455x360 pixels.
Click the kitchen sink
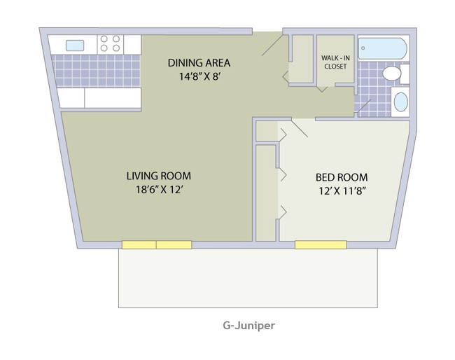click(75, 46)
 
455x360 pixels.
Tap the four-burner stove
click(109, 44)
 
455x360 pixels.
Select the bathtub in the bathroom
click(381, 48)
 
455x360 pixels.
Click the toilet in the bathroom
click(393, 74)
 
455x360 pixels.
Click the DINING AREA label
click(199, 63)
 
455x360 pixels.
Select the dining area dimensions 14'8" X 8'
click(199, 76)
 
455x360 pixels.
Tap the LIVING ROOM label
click(158, 176)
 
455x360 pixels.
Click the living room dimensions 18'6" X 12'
click(158, 190)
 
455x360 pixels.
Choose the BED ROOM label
click(342, 177)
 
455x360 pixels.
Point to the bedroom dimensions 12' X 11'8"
click(342, 191)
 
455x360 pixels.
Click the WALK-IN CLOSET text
click(335, 62)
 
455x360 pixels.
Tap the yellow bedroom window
click(320, 245)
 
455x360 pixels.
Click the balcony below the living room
click(248, 278)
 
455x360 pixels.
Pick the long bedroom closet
click(266, 193)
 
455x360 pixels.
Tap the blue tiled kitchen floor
click(98, 70)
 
